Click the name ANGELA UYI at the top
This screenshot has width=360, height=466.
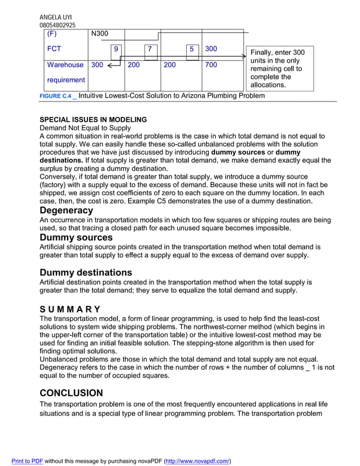click(x=55, y=17)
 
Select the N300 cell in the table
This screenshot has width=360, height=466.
click(x=99, y=34)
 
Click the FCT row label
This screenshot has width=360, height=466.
click(x=54, y=49)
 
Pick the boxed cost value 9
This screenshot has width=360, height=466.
click(x=116, y=50)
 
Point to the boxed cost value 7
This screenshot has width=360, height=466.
click(x=150, y=50)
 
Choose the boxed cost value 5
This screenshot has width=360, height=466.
click(x=192, y=50)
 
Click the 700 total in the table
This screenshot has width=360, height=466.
click(x=210, y=65)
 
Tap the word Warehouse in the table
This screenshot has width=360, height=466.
click(x=65, y=65)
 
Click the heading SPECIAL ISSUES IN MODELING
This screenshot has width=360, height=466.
click(x=93, y=120)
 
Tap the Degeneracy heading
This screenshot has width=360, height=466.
click(x=66, y=210)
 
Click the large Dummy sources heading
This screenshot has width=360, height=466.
click(x=76, y=238)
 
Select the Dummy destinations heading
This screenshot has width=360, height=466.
click(x=86, y=272)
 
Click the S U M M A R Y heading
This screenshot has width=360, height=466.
click(x=70, y=309)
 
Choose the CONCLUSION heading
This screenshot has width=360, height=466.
click(x=71, y=393)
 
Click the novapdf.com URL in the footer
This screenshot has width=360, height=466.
click(x=197, y=461)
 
